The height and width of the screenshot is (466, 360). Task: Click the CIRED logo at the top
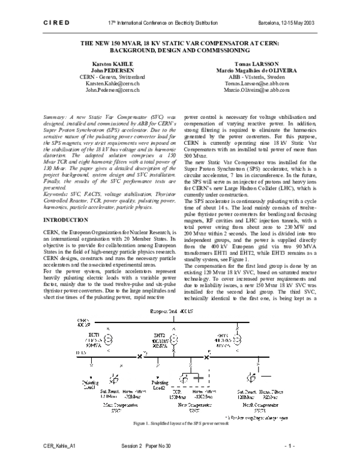pyautogui.click(x=57, y=23)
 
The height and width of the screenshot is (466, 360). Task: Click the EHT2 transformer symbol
pyautogui.click(x=174, y=340)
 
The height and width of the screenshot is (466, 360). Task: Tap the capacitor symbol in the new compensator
pyautogui.click(x=198, y=379)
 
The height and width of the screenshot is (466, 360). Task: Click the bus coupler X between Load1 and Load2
pyautogui.click(x=140, y=357)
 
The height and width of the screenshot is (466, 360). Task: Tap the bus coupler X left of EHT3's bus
pyautogui.click(x=208, y=357)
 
